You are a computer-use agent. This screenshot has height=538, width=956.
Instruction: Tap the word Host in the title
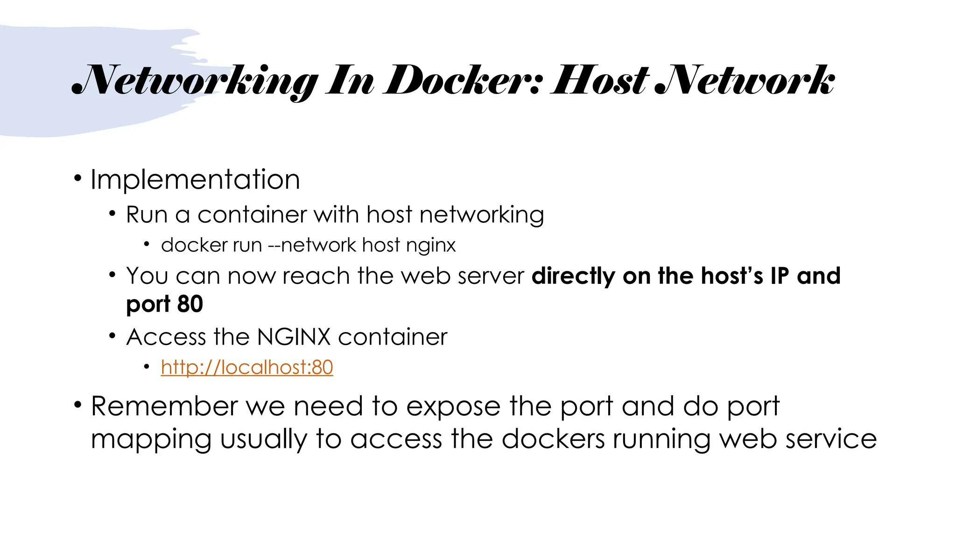(x=600, y=81)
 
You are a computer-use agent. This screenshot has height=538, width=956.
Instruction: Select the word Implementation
(x=195, y=179)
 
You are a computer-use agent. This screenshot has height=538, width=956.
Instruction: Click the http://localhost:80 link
(x=247, y=367)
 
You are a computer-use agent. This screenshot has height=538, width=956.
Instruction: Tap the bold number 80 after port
(x=190, y=304)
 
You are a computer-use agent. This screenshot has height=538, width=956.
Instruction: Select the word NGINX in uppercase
(x=294, y=337)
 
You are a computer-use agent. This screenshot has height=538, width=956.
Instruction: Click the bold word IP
(x=780, y=276)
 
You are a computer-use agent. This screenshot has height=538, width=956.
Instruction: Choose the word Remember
(x=164, y=406)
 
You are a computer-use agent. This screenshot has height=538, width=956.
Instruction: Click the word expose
(x=453, y=407)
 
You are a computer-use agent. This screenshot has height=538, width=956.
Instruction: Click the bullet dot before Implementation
(x=77, y=178)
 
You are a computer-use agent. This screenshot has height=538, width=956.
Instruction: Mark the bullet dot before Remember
(x=77, y=404)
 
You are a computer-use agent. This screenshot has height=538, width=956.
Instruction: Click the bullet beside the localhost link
(x=147, y=367)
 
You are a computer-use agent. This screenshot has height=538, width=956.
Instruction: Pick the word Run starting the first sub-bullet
(x=147, y=215)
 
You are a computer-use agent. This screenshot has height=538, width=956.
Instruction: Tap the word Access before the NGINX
(x=166, y=337)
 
